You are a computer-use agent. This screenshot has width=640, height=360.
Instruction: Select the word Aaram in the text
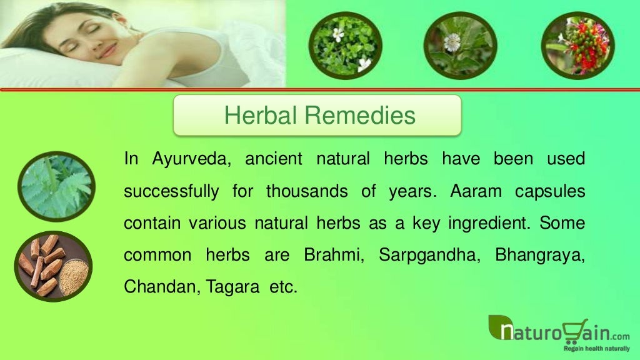476,191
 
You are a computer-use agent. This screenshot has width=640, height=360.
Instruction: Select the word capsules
550,191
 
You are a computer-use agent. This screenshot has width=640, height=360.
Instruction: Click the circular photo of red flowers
577,45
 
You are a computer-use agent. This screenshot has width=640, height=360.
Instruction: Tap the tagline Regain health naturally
594,348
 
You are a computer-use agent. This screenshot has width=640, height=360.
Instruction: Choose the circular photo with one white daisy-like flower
461,45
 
